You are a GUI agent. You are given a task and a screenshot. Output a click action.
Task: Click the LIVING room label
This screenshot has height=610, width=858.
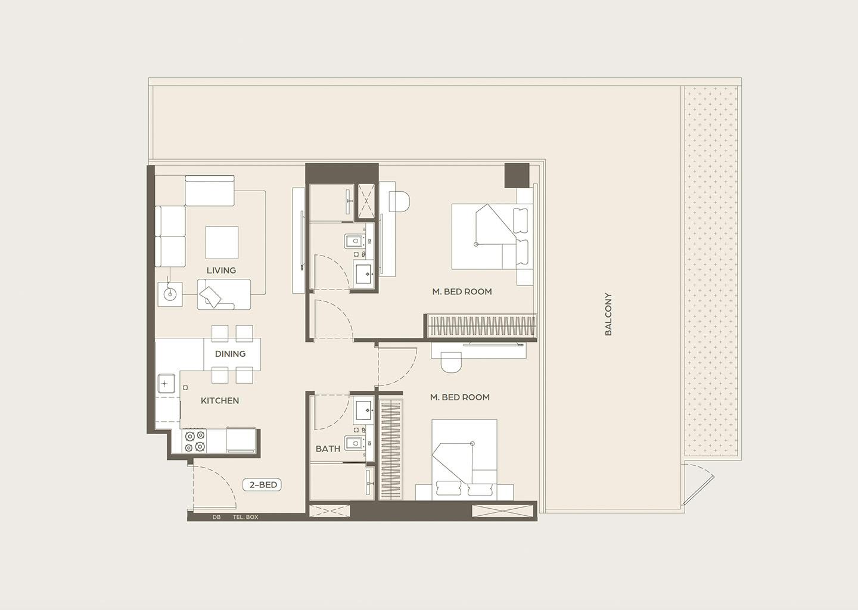(x=221, y=270)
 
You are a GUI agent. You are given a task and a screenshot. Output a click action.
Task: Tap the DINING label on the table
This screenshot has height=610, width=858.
(x=230, y=354)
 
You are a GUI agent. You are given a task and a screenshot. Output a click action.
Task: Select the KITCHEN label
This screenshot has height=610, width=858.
(x=220, y=400)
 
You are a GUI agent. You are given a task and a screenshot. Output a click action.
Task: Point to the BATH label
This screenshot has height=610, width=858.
(x=328, y=449)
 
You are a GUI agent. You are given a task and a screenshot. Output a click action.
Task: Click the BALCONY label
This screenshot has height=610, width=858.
(x=608, y=315)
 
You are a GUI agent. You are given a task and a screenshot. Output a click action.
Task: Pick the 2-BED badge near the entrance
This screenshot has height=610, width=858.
(x=262, y=485)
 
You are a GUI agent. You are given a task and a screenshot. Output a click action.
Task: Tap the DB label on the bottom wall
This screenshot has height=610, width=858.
(x=216, y=517)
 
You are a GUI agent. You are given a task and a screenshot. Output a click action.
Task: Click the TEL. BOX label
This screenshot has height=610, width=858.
(x=245, y=517)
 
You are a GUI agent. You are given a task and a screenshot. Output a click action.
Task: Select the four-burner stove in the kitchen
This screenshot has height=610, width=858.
(x=195, y=441)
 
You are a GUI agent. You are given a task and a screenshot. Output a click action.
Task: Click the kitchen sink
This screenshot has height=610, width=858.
(x=166, y=383)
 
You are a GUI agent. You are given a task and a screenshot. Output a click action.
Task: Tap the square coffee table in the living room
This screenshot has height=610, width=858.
(x=222, y=242)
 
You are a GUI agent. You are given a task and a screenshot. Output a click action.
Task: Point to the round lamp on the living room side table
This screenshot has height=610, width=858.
(x=170, y=294)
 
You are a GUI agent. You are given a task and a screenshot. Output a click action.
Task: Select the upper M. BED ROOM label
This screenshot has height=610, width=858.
(x=462, y=291)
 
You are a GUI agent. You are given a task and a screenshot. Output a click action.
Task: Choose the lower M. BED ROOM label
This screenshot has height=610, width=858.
(x=459, y=397)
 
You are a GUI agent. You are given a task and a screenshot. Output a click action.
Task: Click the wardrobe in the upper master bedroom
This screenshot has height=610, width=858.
(x=481, y=326)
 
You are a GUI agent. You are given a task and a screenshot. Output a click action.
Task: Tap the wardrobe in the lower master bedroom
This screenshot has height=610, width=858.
(x=391, y=449)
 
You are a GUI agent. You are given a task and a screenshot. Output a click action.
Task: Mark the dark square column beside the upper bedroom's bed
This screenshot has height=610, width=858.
(x=517, y=175)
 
